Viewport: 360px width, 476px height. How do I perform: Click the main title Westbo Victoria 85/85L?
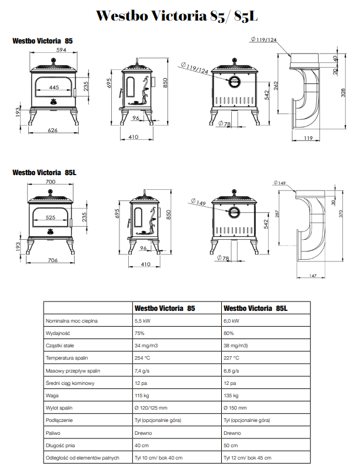[x=176, y=16]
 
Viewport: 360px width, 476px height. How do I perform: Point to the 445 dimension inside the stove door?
[x=54, y=88]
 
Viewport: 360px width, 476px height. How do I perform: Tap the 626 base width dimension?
[x=52, y=130]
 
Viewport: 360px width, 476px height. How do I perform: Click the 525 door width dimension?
[x=51, y=218]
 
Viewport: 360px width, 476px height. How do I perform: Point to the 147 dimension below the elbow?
[x=312, y=275]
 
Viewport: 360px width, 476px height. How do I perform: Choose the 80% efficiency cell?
[x=230, y=333]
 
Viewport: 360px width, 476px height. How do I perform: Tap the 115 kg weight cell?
[x=144, y=395]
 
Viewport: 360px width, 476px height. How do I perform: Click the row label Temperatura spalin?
[x=67, y=357]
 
